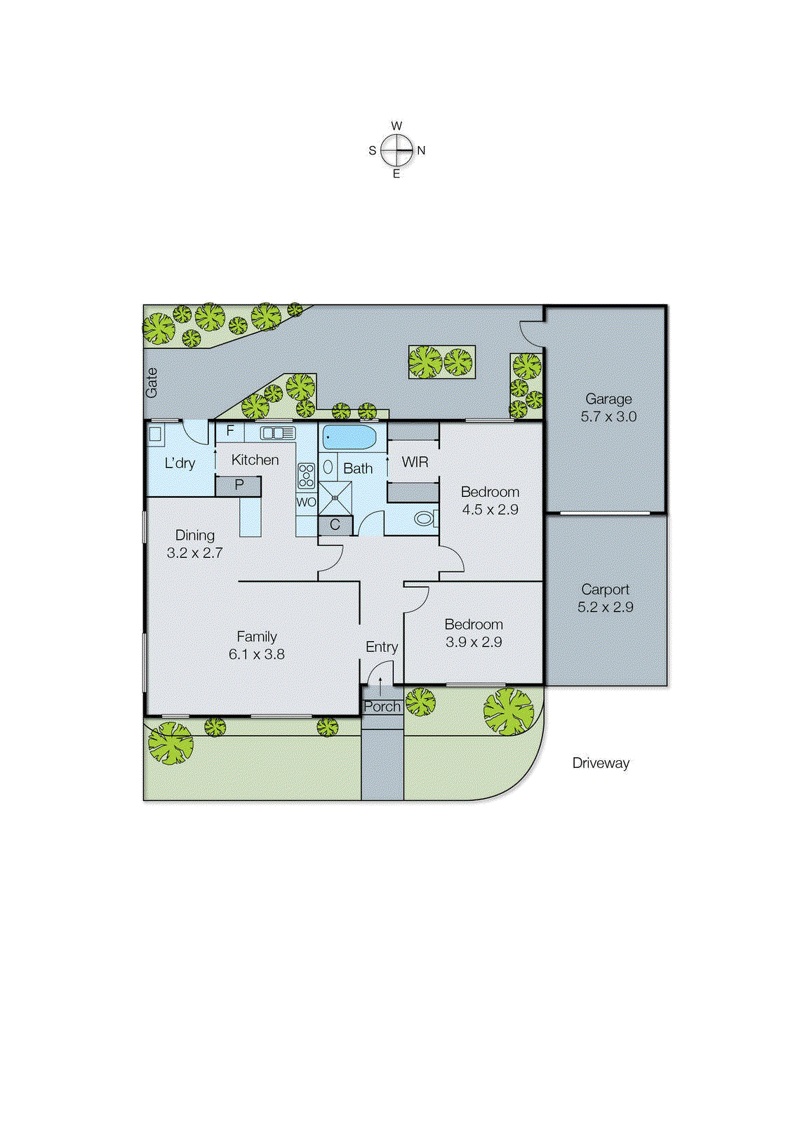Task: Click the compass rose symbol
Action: click(x=397, y=149)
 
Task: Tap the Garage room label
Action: click(x=608, y=399)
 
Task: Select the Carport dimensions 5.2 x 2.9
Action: click(x=605, y=607)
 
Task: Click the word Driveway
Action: click(x=601, y=763)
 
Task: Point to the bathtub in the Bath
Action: click(x=349, y=437)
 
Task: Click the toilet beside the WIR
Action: click(x=424, y=519)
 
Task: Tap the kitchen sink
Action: click(x=278, y=432)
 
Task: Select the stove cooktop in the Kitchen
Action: click(x=306, y=475)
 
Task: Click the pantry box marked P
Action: click(x=239, y=485)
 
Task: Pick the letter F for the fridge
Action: click(x=229, y=431)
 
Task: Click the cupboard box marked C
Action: click(x=335, y=524)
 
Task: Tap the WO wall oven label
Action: click(x=306, y=502)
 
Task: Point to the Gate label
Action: click(x=152, y=383)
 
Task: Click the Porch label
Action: click(x=382, y=706)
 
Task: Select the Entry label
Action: click(x=382, y=646)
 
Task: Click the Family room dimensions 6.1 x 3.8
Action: click(x=257, y=654)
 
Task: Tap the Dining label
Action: click(x=195, y=535)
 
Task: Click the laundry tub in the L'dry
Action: click(x=156, y=434)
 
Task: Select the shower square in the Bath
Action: click(x=335, y=498)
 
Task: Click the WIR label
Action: click(x=415, y=462)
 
